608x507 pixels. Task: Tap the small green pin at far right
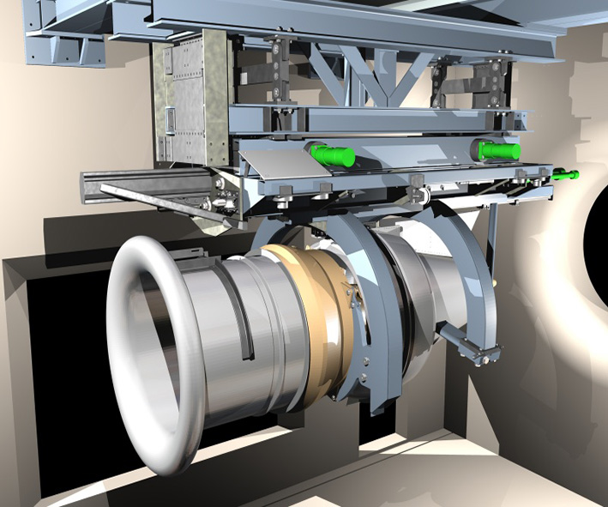566,175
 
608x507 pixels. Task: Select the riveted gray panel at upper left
190,103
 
